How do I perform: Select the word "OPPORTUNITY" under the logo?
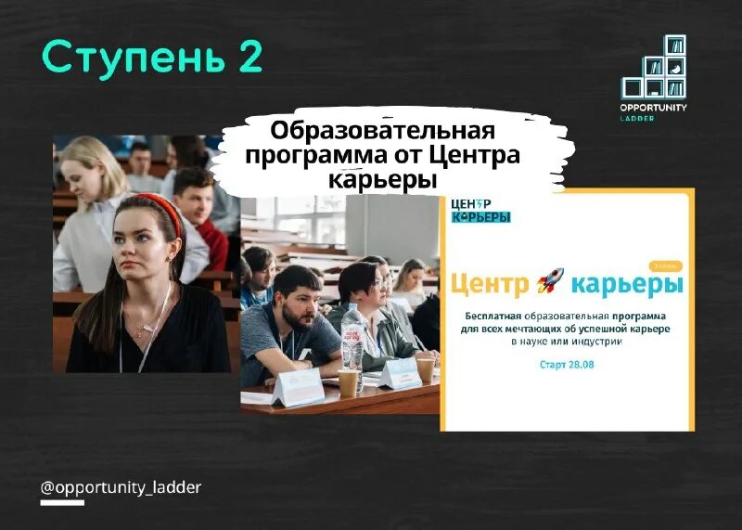click(654, 108)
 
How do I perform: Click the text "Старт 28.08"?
click(567, 366)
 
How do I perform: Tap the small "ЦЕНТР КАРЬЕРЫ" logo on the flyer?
click(480, 211)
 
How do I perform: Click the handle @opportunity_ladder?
click(121, 487)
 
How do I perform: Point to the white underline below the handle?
click(62, 502)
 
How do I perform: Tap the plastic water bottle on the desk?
click(352, 339)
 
